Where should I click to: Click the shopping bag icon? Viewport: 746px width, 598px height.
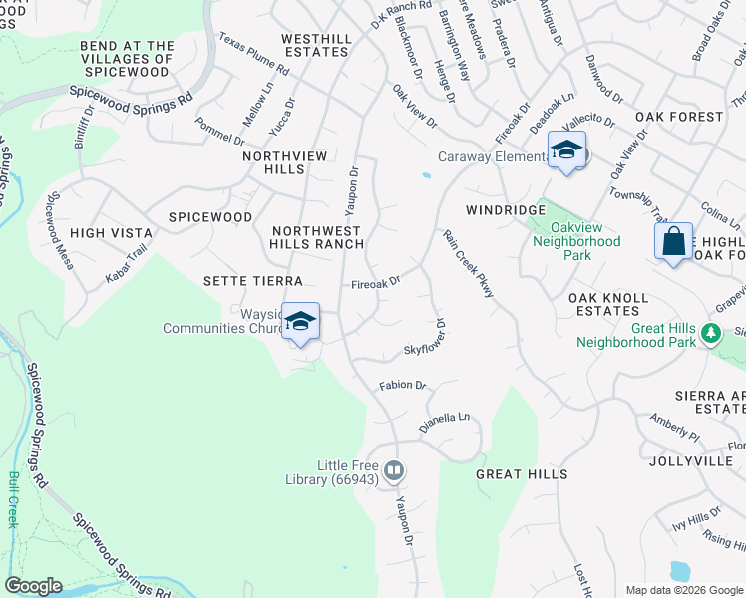click(673, 242)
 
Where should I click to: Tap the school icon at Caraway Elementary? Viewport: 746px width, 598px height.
click(566, 151)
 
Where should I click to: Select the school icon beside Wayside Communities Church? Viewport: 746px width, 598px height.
click(300, 322)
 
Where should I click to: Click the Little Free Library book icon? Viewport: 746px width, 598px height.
click(394, 469)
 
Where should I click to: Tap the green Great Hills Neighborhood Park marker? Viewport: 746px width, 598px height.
click(710, 332)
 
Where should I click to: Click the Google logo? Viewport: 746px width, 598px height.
click(33, 586)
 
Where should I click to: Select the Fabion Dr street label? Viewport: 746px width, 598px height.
click(402, 385)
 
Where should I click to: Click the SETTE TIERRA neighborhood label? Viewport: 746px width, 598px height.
click(252, 282)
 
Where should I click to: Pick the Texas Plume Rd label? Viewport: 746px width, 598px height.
click(253, 57)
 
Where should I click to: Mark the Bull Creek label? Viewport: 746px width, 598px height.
click(14, 498)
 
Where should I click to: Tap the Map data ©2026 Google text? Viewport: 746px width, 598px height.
click(683, 590)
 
